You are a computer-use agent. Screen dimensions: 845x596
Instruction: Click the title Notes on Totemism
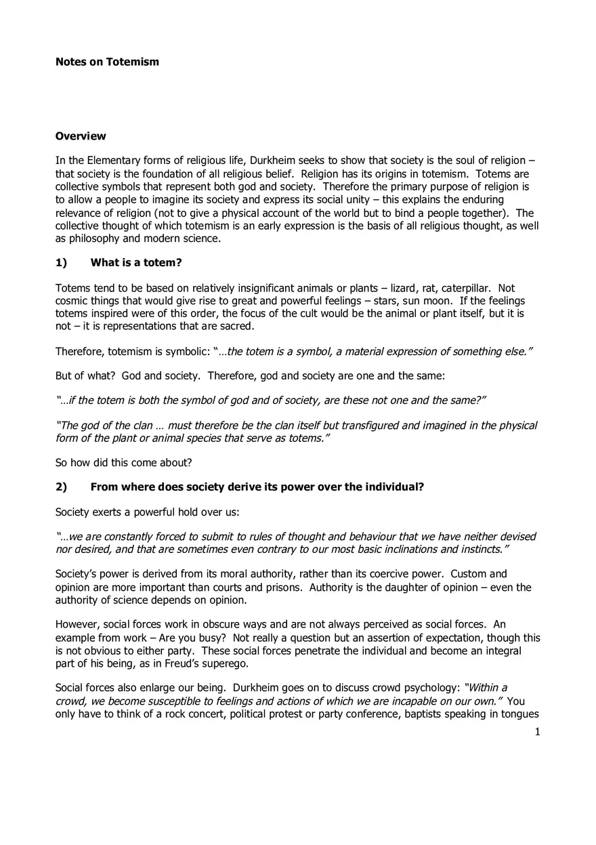[107, 62]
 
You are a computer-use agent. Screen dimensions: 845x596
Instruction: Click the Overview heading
[81, 136]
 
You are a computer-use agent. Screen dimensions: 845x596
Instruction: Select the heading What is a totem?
[136, 263]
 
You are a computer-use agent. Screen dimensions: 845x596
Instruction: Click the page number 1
[537, 732]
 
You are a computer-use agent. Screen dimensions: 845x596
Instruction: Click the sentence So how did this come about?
[123, 463]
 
